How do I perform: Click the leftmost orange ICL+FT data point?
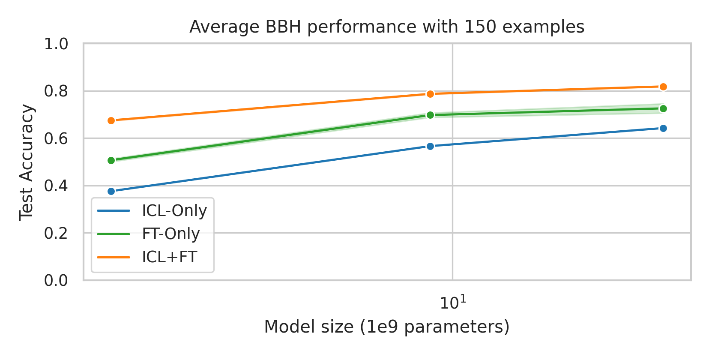point(111,120)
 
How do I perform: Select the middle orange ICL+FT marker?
point(430,94)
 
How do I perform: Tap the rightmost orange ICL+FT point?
point(663,87)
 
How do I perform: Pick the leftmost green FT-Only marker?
point(111,160)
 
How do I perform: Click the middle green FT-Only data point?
point(430,115)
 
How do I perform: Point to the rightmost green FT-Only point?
point(663,108)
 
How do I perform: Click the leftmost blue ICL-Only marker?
point(111,191)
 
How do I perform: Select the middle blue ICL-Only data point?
point(430,146)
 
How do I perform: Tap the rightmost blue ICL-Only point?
point(663,128)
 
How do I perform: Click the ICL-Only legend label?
point(174,210)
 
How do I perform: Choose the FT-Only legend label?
point(171,234)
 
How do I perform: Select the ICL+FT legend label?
point(169,257)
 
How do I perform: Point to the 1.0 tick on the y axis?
point(56,44)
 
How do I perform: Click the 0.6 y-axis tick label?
point(56,138)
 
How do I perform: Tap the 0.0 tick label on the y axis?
point(56,280)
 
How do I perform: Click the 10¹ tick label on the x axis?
point(452,303)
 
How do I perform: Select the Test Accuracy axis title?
point(27,162)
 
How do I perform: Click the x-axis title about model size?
point(386,327)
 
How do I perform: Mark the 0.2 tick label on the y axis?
point(56,233)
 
